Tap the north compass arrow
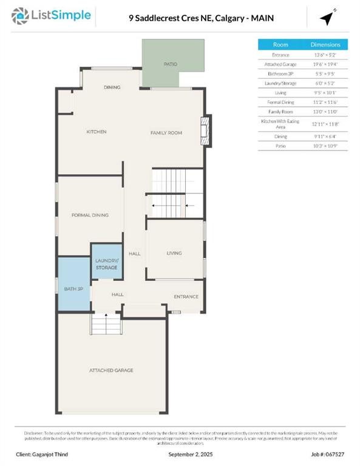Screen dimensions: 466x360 click(327, 18)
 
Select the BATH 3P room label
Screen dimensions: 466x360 click(73, 288)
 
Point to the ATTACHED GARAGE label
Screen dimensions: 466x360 click(111, 370)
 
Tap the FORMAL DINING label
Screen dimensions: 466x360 click(90, 215)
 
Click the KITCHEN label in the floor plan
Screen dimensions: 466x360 click(96, 132)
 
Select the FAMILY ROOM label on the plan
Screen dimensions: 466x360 click(166, 132)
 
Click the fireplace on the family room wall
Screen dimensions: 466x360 click(206, 132)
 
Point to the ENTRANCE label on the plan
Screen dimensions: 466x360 click(186, 297)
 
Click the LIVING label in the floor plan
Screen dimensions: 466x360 click(174, 253)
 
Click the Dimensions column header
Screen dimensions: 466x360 click(325, 45)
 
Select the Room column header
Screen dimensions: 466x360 click(280, 45)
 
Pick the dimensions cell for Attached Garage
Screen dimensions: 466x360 click(325, 64)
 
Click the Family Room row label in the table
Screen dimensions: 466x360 click(280, 112)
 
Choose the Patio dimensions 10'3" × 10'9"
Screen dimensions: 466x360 click(325, 146)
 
